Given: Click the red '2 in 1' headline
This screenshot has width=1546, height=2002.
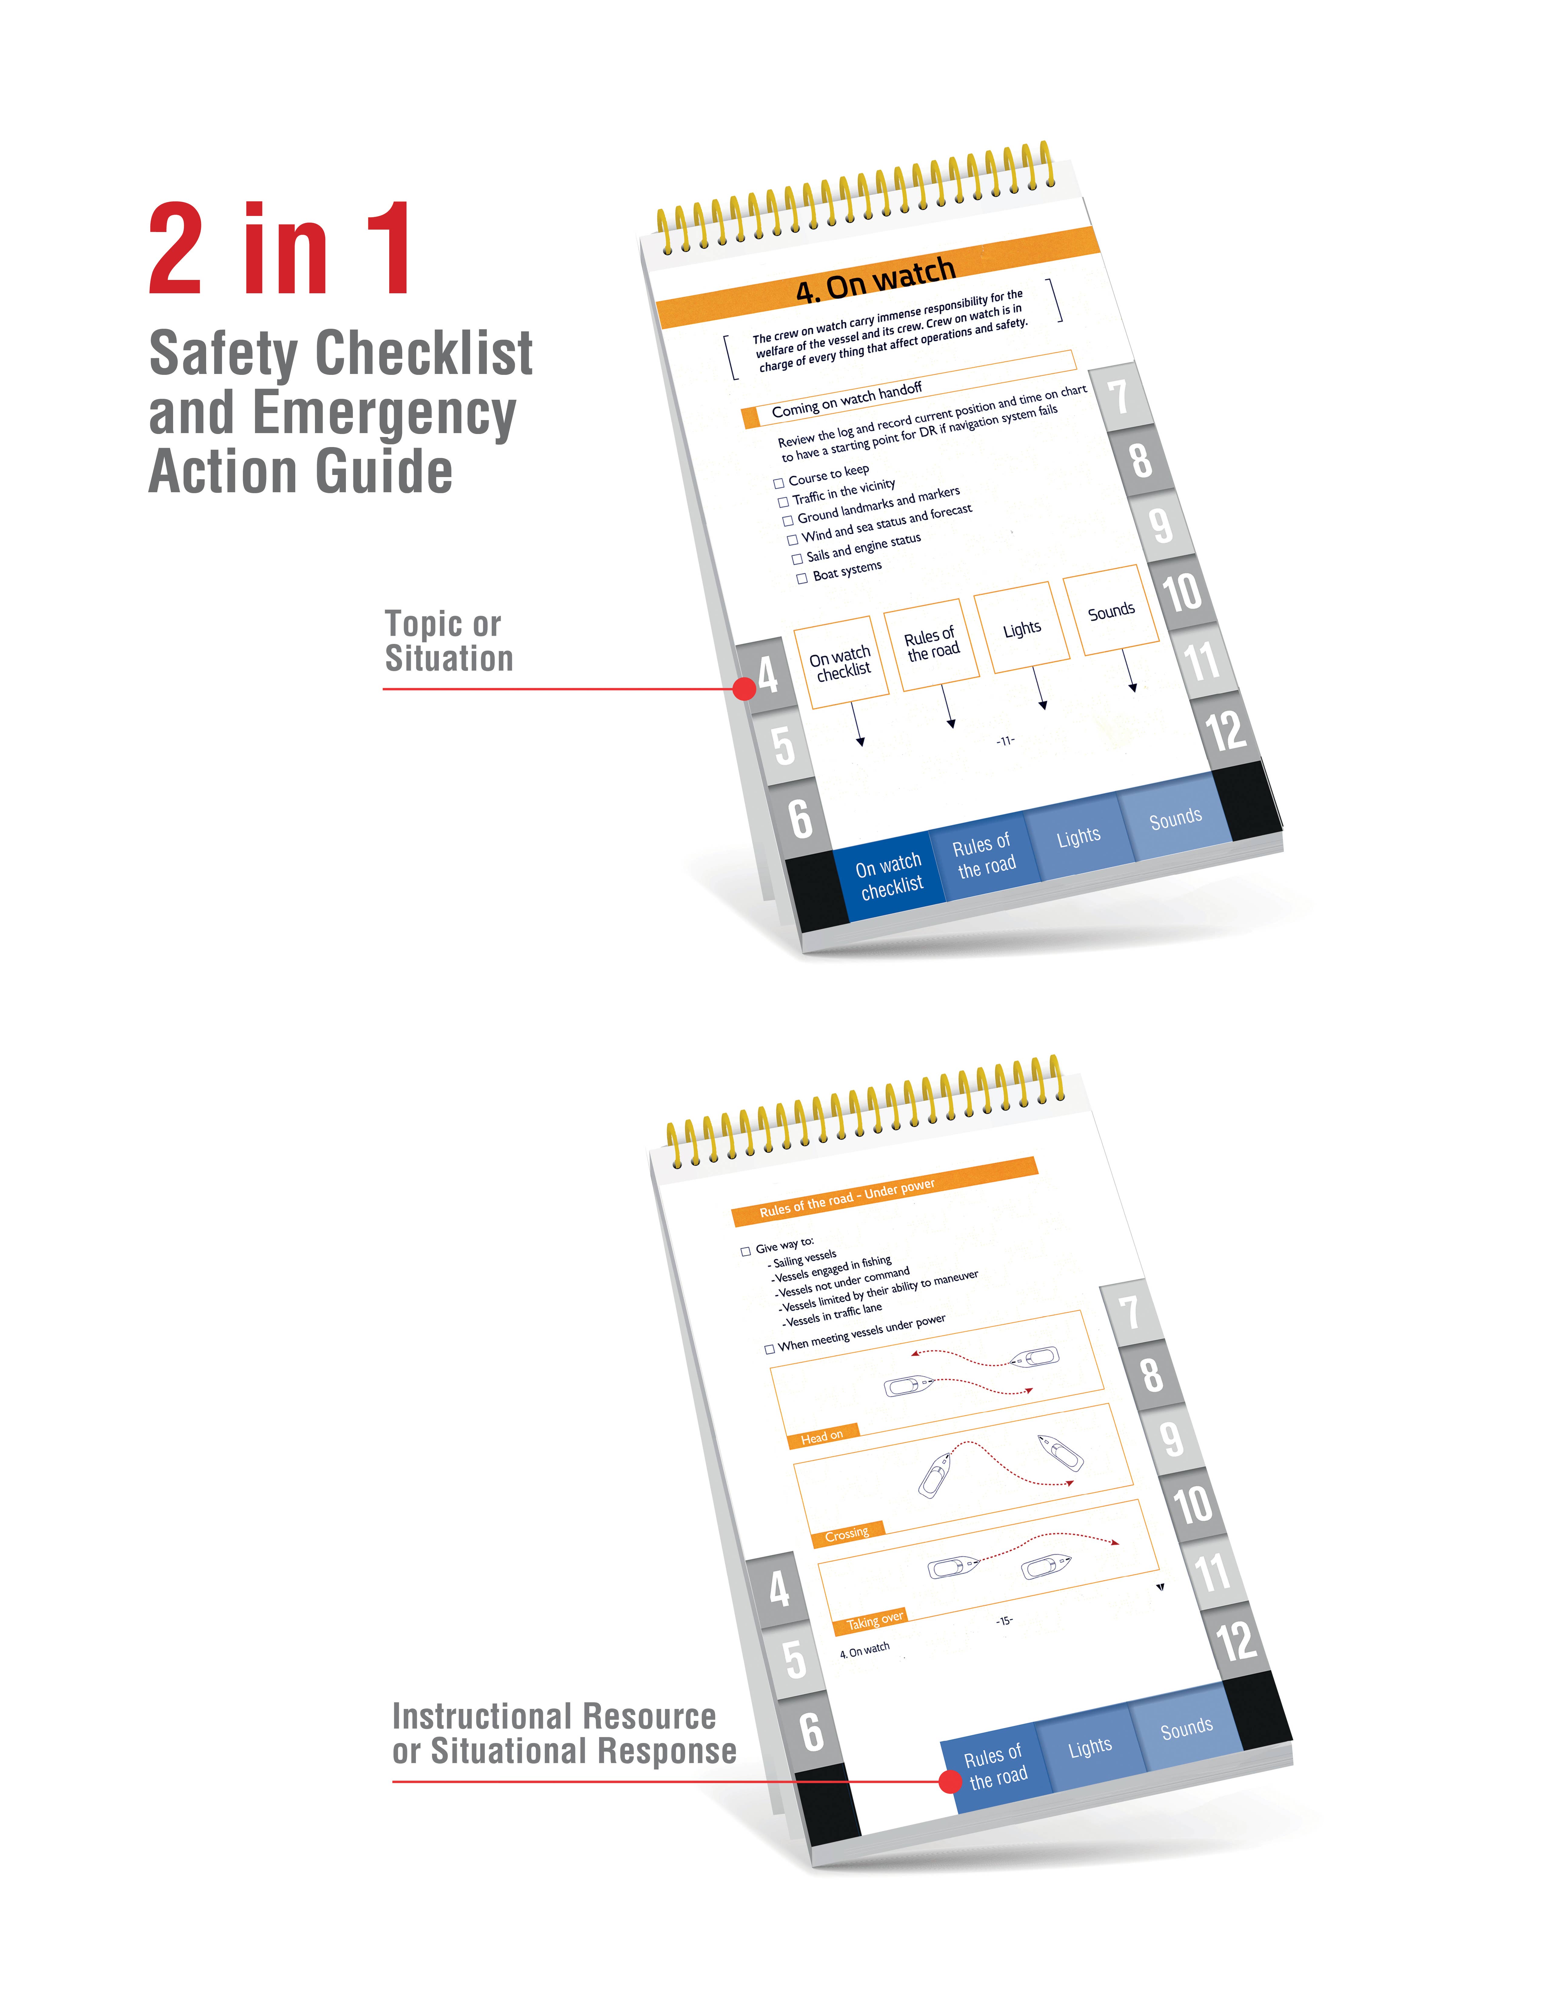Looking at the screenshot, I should pos(279,249).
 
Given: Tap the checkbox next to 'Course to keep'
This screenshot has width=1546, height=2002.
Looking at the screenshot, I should pos(778,483).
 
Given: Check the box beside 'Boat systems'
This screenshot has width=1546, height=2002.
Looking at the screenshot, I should pos(802,578).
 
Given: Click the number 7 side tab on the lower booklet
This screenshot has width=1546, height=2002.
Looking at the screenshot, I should pos(1130,1313).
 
